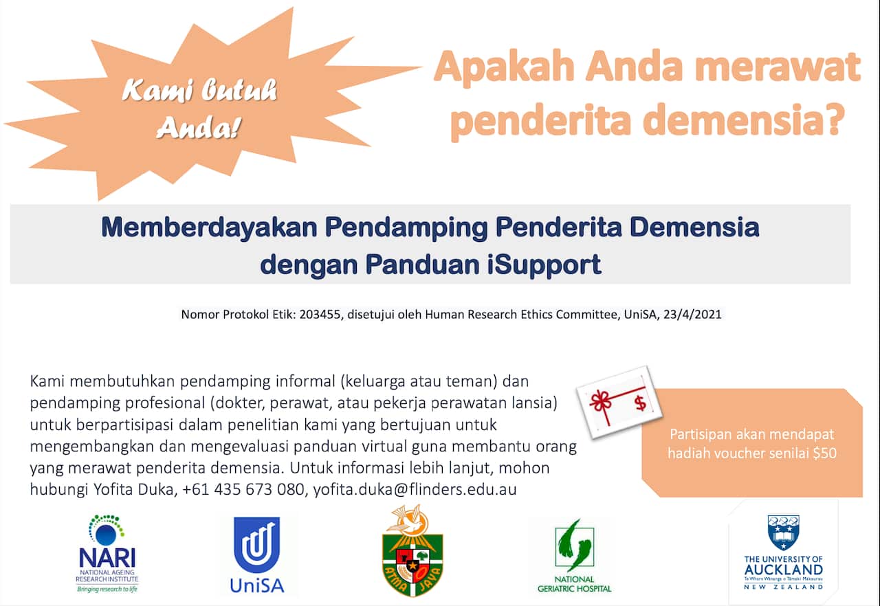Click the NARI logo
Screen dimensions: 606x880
tap(107, 554)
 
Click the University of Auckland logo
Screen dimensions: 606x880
tap(783, 553)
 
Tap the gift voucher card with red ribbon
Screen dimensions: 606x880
tap(619, 401)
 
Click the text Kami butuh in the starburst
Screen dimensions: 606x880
tap(200, 91)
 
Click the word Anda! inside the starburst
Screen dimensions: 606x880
tap(198, 127)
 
